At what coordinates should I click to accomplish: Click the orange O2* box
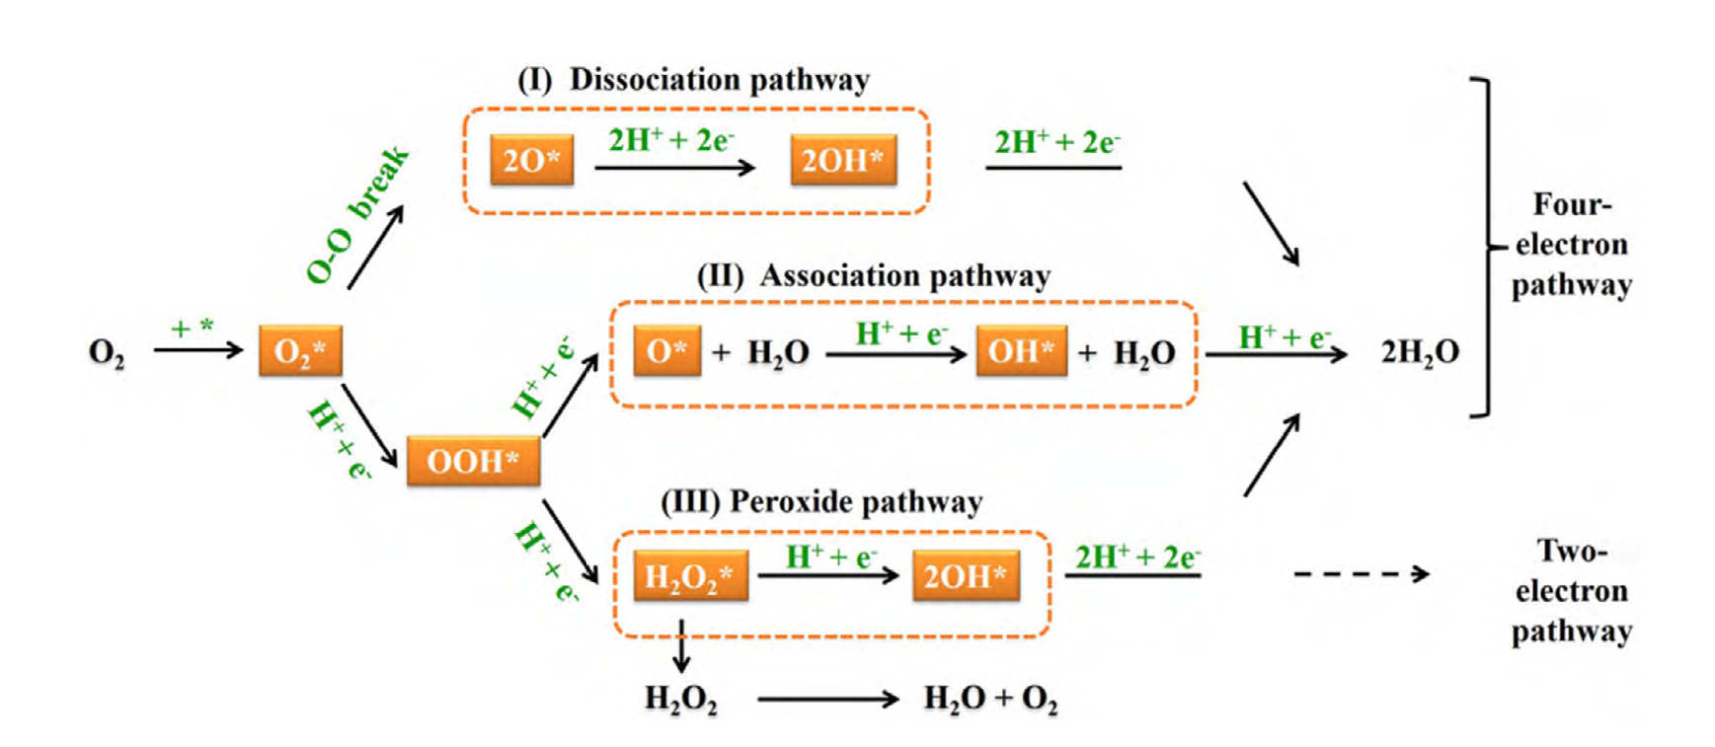pos(300,350)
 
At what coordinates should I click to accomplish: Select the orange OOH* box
pos(473,461)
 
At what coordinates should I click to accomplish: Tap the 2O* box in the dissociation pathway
pos(531,160)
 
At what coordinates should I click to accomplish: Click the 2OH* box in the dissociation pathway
pos(842,160)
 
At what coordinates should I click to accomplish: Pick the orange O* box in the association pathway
pos(666,351)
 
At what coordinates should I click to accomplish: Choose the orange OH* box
pos(1021,351)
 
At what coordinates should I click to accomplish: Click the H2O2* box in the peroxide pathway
pos(689,576)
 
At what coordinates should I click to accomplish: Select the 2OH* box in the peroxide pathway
pos(965,576)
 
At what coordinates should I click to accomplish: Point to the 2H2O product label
pos(1419,352)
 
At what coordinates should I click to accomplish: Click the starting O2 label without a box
pos(107,352)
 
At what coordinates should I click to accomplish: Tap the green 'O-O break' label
pos(356,216)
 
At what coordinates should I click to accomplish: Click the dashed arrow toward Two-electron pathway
pos(1361,573)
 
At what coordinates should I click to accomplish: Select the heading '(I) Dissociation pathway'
pos(693,80)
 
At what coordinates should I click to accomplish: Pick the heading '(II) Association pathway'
pos(873,276)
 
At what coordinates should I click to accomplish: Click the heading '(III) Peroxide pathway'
pos(821,502)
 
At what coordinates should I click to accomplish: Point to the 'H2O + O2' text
pos(990,699)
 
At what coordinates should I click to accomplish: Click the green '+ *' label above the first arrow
pos(192,328)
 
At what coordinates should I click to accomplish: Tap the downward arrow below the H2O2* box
pos(680,646)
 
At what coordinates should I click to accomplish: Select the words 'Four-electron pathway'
pos(1571,245)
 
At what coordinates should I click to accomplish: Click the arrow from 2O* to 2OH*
pos(674,168)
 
